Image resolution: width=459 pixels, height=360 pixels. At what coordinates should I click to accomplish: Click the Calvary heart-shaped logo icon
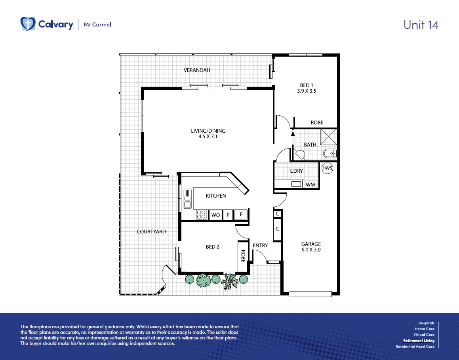pyautogui.click(x=28, y=24)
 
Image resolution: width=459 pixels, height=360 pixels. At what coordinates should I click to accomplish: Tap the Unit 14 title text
pyautogui.click(x=421, y=25)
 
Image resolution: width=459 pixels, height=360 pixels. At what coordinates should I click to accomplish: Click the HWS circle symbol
pyautogui.click(x=327, y=168)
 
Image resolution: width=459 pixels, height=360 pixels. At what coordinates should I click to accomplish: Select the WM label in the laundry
pyautogui.click(x=310, y=185)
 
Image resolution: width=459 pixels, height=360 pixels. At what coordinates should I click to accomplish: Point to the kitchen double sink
pyautogui.click(x=187, y=199)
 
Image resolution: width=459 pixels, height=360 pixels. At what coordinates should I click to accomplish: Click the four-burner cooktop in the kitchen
pyautogui.click(x=202, y=215)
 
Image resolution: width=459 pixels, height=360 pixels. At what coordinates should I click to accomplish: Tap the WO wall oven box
pyautogui.click(x=215, y=215)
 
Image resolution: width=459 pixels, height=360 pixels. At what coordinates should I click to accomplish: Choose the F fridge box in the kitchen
pyautogui.click(x=241, y=214)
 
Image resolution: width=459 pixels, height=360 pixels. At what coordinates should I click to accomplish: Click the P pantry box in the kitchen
pyautogui.click(x=228, y=215)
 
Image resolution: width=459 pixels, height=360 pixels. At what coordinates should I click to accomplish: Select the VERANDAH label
pyautogui.click(x=197, y=70)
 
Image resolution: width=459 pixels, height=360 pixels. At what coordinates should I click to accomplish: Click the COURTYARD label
pyautogui.click(x=151, y=232)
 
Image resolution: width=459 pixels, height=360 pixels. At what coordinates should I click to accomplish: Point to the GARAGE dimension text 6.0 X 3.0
pyautogui.click(x=311, y=250)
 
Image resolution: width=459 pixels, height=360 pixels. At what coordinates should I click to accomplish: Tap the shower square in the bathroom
pyautogui.click(x=329, y=137)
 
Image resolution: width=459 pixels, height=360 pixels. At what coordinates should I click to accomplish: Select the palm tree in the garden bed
pyautogui.click(x=230, y=281)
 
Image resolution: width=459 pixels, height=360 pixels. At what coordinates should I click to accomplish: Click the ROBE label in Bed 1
pyautogui.click(x=317, y=123)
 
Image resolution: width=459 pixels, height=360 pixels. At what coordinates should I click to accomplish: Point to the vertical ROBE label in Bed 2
pyautogui.click(x=243, y=256)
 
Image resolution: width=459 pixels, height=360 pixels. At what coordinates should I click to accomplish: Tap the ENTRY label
pyautogui.click(x=260, y=245)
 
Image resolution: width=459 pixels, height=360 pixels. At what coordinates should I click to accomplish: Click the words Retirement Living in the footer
pyautogui.click(x=419, y=341)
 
